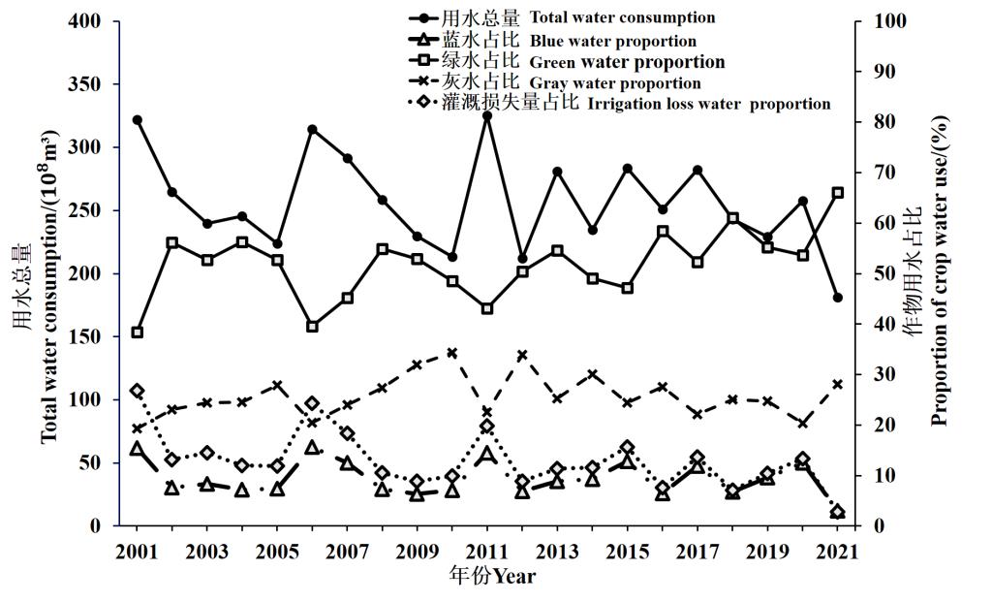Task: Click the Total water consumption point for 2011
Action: pyautogui.click(x=487, y=116)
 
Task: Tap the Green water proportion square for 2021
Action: pyautogui.click(x=838, y=193)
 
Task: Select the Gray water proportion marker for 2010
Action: pyautogui.click(x=452, y=353)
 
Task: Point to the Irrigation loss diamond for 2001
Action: pyautogui.click(x=138, y=391)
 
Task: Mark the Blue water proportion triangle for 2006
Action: pyautogui.click(x=312, y=448)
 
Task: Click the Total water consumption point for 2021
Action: pyautogui.click(x=838, y=298)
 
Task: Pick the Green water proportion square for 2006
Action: pyautogui.click(x=312, y=327)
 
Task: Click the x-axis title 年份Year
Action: pyautogui.click(x=492, y=578)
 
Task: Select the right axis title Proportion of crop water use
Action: pyautogui.click(x=938, y=271)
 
